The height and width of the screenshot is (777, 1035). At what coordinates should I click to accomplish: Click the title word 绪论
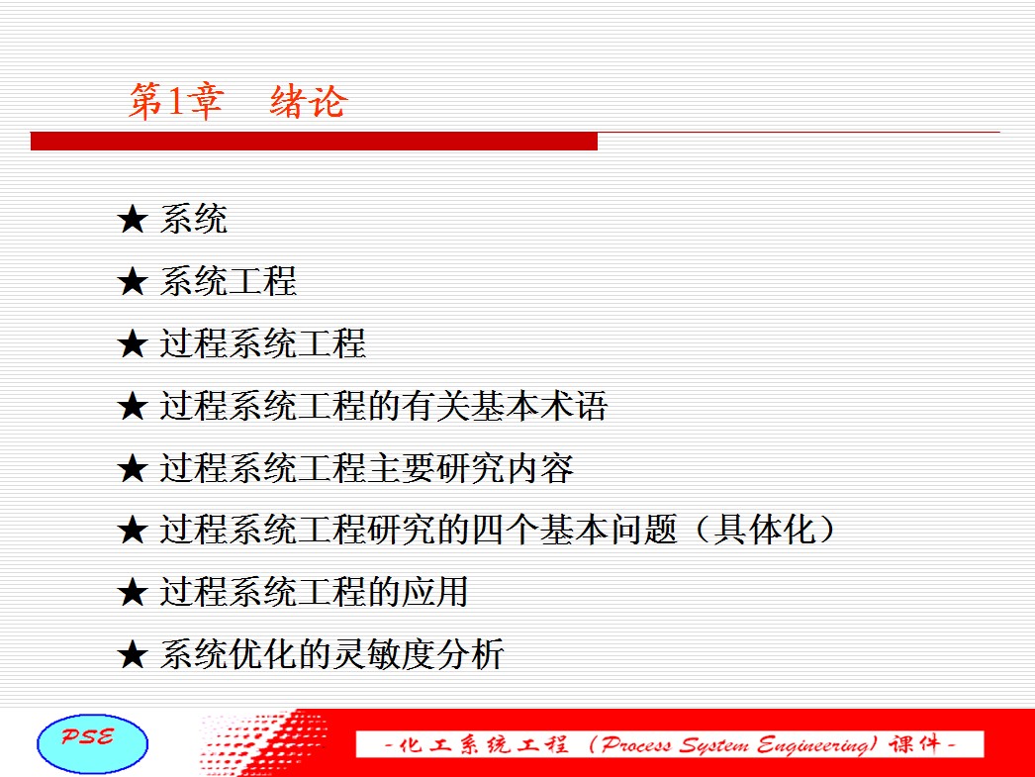(308, 102)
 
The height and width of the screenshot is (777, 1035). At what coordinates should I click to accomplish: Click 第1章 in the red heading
(175, 102)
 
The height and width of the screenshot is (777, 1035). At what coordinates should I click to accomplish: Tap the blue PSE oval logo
(92, 743)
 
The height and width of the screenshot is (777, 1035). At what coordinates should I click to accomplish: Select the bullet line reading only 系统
(193, 219)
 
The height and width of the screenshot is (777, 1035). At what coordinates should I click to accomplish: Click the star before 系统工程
(132, 281)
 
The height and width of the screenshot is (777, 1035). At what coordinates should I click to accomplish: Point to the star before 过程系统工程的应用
(132, 592)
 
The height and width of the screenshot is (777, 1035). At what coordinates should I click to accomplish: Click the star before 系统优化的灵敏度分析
(132, 654)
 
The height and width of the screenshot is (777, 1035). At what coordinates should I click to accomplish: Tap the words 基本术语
(538, 406)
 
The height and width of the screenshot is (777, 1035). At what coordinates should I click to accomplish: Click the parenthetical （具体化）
(764, 530)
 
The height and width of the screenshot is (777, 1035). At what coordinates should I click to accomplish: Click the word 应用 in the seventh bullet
(435, 592)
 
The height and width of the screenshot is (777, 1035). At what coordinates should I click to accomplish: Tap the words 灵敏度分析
(419, 654)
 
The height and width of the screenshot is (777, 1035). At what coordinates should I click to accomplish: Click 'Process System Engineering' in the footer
(738, 744)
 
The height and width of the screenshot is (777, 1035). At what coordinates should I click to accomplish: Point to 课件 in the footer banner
(915, 744)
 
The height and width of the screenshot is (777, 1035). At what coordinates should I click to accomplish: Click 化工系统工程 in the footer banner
(483, 744)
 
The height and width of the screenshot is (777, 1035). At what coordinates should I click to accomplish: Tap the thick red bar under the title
(315, 142)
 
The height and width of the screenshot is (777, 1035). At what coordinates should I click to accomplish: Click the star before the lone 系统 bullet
(132, 219)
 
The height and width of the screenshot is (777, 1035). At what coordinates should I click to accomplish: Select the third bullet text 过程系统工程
(263, 343)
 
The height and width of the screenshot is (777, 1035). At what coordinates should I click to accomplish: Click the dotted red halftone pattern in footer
(264, 742)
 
